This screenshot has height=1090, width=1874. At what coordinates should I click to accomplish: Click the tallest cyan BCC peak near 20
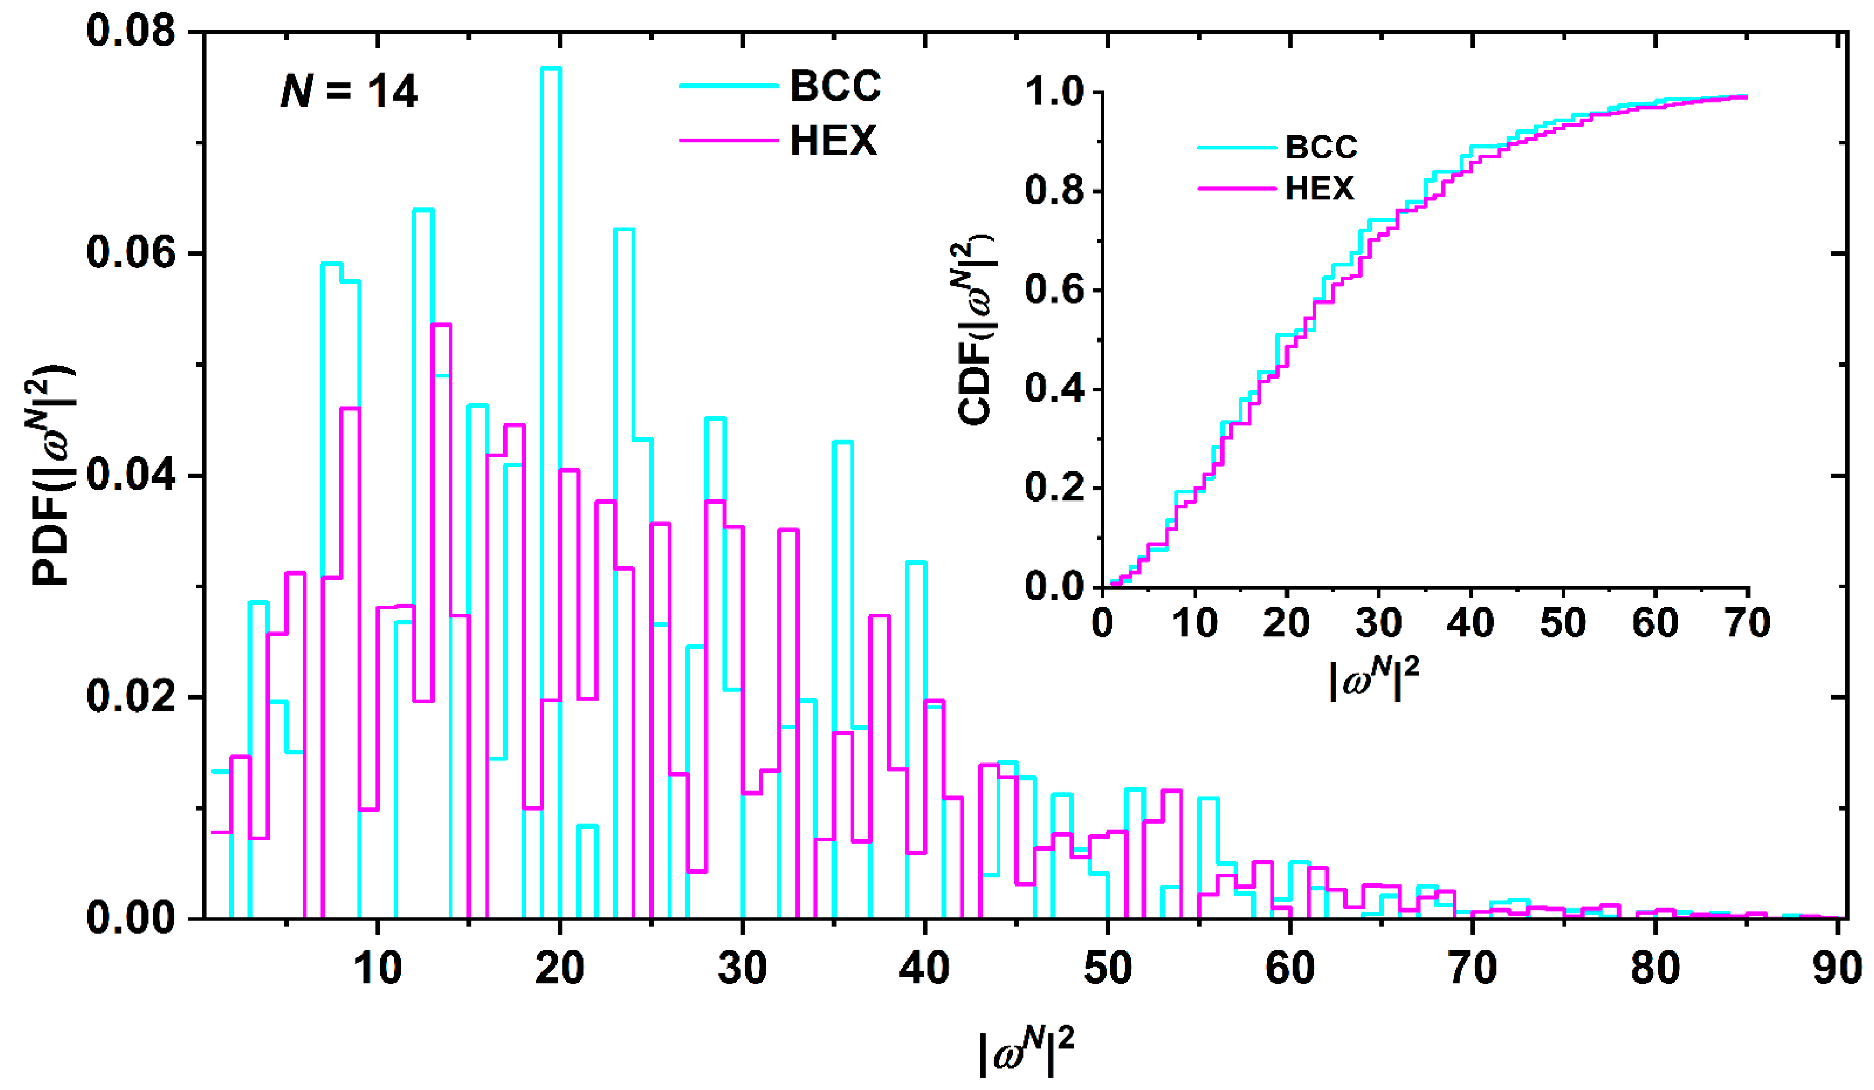pyautogui.click(x=551, y=68)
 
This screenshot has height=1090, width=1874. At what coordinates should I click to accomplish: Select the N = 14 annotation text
pyautogui.click(x=349, y=91)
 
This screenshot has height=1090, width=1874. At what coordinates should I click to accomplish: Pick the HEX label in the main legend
pyautogui.click(x=833, y=140)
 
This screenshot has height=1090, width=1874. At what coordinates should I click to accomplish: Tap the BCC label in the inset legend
pyautogui.click(x=1321, y=147)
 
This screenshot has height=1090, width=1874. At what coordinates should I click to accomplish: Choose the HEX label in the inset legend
pyautogui.click(x=1319, y=188)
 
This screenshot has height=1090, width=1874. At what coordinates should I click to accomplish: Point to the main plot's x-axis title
pyautogui.click(x=1026, y=1050)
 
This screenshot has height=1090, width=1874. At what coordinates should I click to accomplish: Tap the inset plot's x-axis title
pyautogui.click(x=1374, y=679)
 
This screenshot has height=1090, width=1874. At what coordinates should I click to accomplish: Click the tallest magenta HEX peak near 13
pyautogui.click(x=441, y=325)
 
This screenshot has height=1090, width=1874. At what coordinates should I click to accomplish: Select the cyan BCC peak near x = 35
pyautogui.click(x=842, y=442)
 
